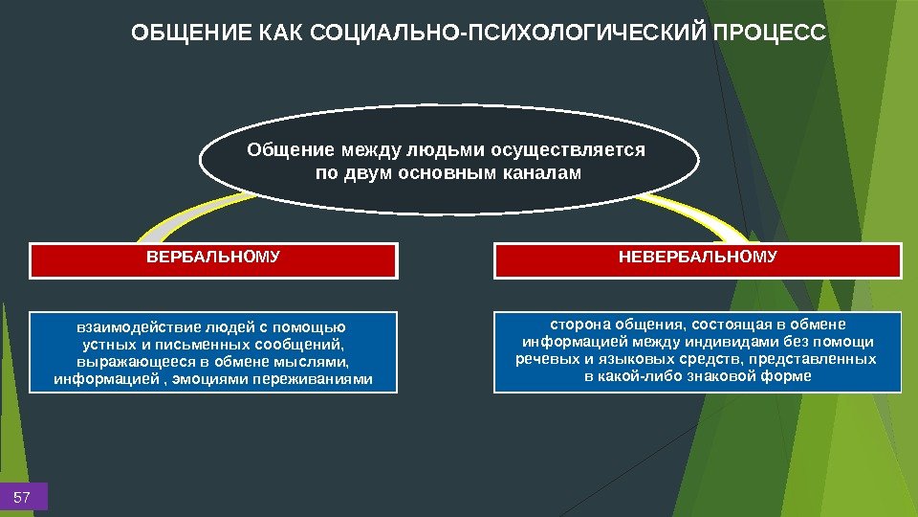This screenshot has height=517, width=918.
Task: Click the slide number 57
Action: click(23, 498)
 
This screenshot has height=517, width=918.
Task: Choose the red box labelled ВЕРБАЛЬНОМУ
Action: click(212, 259)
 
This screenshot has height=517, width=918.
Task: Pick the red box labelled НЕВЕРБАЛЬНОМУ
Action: click(697, 259)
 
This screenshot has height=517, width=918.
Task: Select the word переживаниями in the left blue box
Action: click(323, 379)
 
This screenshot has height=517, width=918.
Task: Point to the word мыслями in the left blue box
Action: click(317, 361)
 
